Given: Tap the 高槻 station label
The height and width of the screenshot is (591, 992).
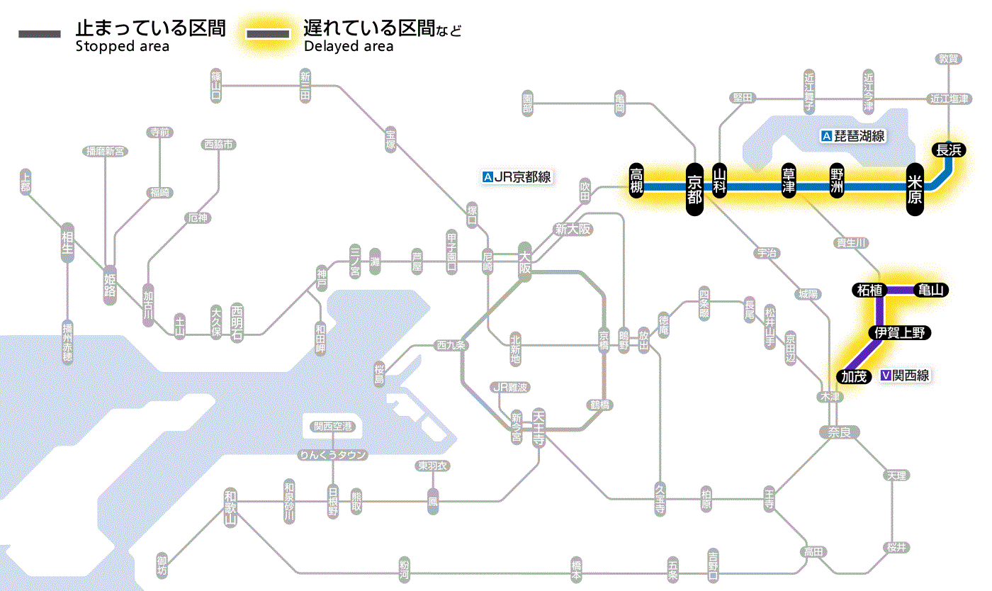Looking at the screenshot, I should click(x=637, y=181).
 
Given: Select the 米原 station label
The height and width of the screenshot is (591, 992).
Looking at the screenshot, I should click(x=915, y=188).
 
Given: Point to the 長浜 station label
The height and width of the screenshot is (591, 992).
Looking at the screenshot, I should click(x=948, y=150).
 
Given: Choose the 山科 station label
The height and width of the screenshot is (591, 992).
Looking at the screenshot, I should click(x=720, y=181).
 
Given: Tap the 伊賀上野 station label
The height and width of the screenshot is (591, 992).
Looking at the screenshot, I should click(x=899, y=333).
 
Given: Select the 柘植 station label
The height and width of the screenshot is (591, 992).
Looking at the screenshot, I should click(x=869, y=290).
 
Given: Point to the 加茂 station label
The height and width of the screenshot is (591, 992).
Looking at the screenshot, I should click(x=854, y=376).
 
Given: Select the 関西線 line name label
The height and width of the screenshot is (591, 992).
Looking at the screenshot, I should click(x=911, y=376).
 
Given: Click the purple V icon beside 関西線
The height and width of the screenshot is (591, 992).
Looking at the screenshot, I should click(x=885, y=376).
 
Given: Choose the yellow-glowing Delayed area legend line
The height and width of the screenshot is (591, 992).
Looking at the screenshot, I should click(x=268, y=34).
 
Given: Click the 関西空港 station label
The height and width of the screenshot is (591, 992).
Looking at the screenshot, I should click(x=332, y=427).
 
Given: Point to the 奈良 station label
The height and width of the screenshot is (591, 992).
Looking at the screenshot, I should click(x=838, y=432).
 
